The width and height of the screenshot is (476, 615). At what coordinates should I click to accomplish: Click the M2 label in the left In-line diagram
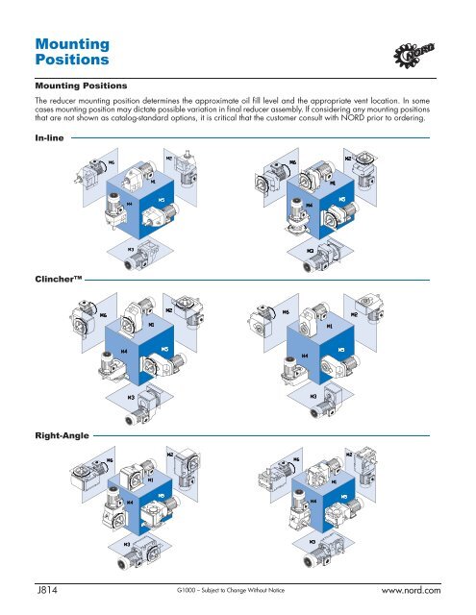[169, 160]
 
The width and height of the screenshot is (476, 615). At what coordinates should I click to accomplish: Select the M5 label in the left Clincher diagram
[164, 350]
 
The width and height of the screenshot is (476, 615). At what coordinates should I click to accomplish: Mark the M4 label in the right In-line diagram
[309, 205]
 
